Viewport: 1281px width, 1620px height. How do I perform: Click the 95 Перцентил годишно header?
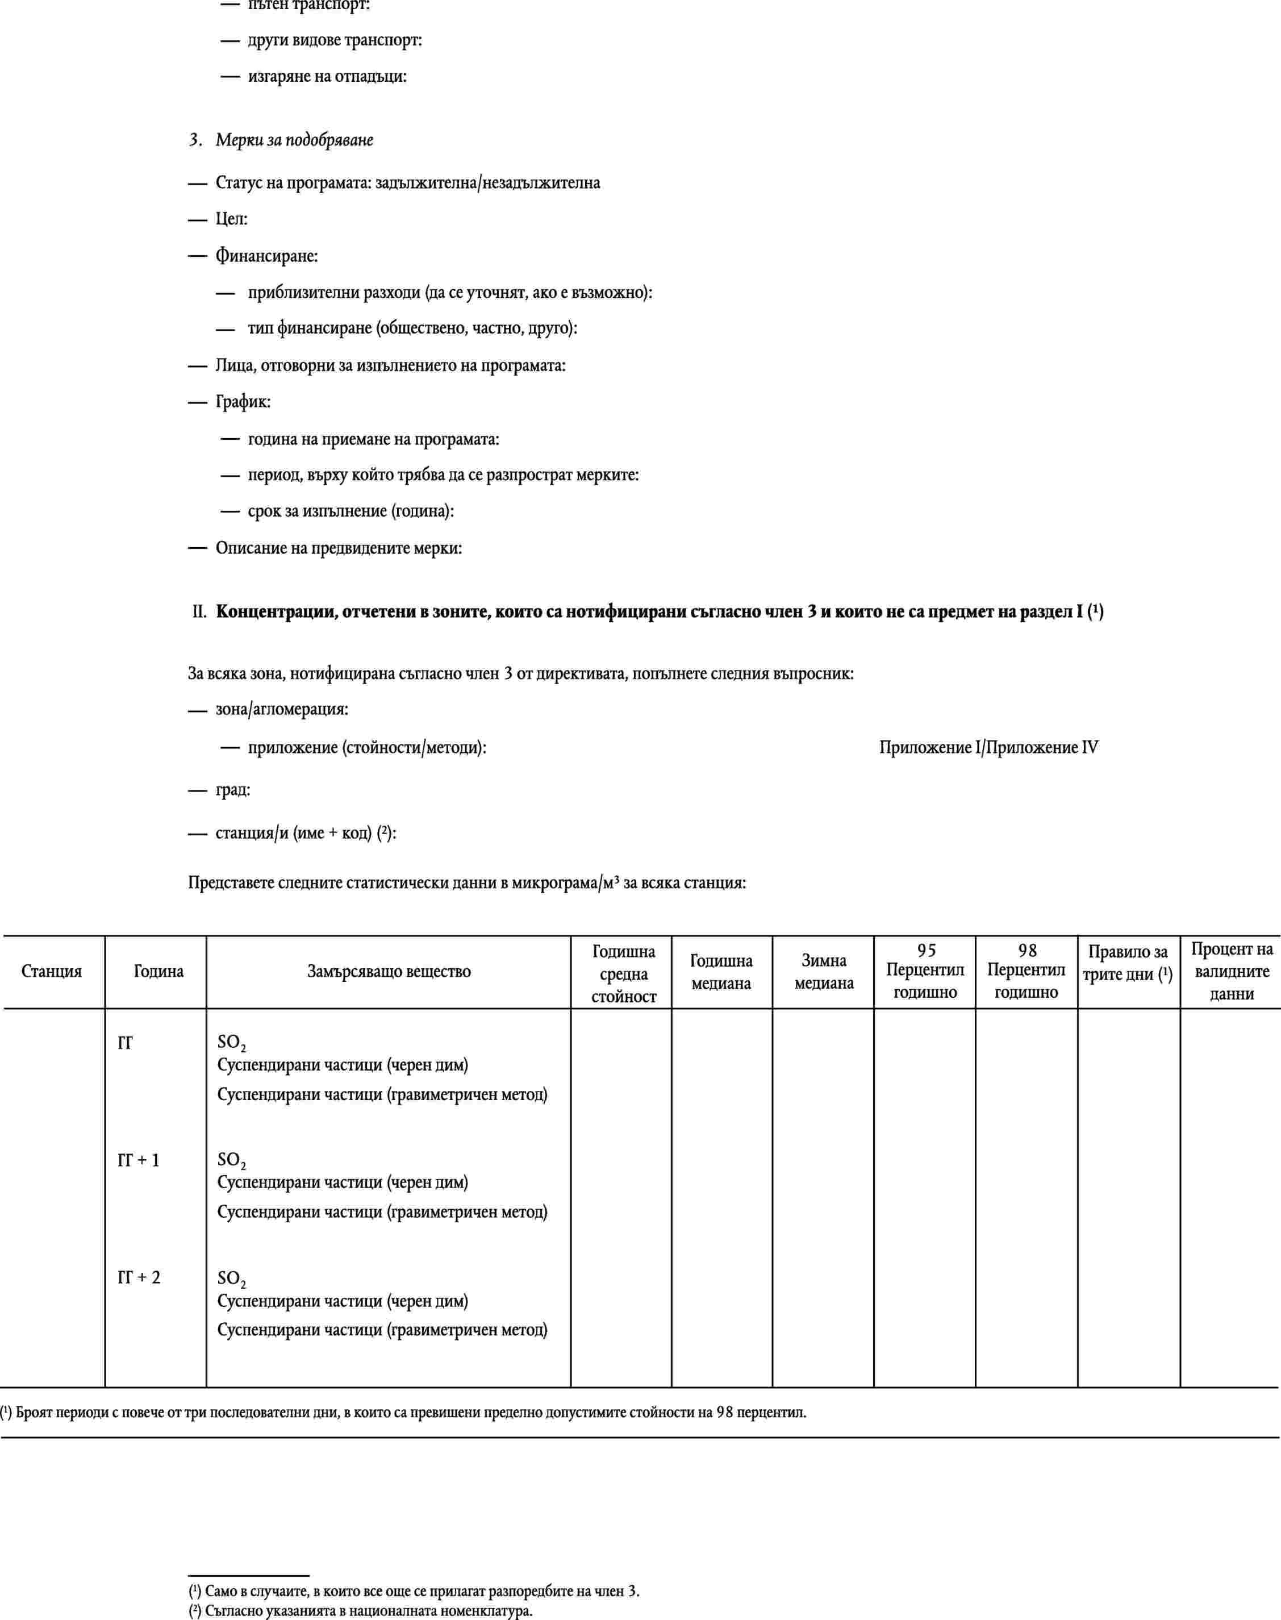click(925, 971)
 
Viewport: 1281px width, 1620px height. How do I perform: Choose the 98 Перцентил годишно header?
click(1026, 971)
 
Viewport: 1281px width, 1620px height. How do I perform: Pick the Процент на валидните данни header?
click(1232, 971)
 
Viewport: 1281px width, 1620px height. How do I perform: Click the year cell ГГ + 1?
click(139, 1160)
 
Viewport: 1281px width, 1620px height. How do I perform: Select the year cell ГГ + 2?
click(139, 1277)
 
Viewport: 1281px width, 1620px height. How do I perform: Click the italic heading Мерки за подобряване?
click(294, 140)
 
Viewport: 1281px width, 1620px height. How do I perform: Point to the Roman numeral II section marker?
click(199, 612)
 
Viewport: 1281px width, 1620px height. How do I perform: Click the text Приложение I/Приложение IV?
click(988, 748)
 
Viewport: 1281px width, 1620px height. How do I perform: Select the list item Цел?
click(231, 219)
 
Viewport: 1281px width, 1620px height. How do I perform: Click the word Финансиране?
click(266, 256)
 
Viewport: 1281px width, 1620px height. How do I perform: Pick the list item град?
click(232, 790)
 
